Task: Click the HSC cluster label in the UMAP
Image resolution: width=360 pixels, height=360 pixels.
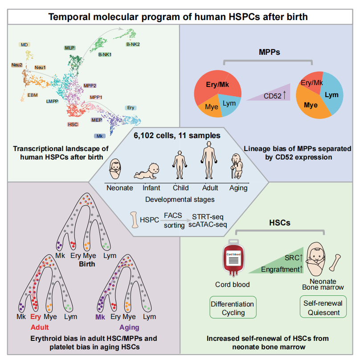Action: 73,124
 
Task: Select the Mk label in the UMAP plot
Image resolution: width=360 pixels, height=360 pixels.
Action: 98,135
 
